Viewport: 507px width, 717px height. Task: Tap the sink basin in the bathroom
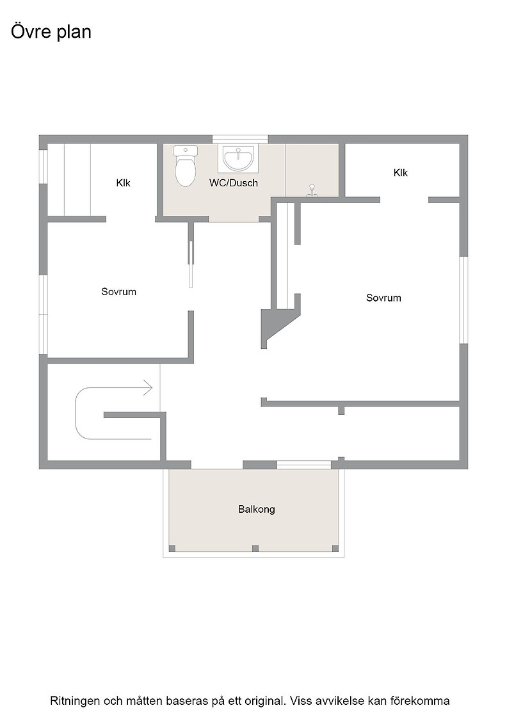click(x=238, y=157)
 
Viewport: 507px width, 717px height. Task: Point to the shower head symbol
click(x=312, y=189)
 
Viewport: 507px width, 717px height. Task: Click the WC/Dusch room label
click(x=233, y=183)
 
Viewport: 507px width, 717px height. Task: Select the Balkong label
click(x=257, y=509)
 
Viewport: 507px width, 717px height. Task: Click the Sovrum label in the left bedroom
click(x=119, y=292)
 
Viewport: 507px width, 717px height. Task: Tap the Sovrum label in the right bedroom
click(x=383, y=298)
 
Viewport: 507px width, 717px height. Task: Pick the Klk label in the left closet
click(x=123, y=183)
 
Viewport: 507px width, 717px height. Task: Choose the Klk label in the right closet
click(x=401, y=172)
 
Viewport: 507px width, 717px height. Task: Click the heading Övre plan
click(x=51, y=32)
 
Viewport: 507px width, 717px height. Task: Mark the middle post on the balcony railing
click(x=255, y=548)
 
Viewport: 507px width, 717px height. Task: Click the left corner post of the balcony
click(x=172, y=548)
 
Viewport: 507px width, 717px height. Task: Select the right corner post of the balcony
click(x=335, y=548)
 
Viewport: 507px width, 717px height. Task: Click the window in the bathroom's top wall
click(x=240, y=139)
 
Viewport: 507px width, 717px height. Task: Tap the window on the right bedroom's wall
click(x=463, y=300)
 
